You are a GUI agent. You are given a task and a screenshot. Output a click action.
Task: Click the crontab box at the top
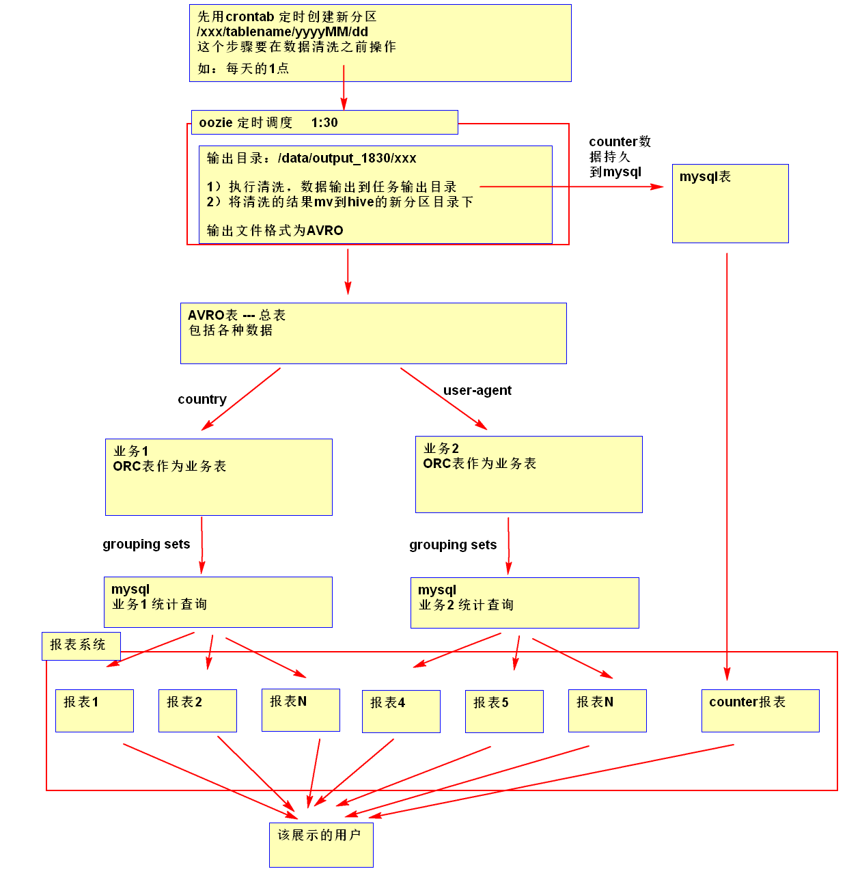click(380, 43)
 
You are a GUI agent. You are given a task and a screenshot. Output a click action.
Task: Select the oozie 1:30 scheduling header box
click(324, 122)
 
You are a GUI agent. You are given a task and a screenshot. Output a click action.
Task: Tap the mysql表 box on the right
click(730, 203)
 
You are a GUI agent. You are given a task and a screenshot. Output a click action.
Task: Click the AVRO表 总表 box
click(373, 333)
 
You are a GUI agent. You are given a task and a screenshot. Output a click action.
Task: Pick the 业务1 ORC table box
click(219, 477)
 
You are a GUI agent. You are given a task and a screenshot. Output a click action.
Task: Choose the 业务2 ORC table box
click(529, 474)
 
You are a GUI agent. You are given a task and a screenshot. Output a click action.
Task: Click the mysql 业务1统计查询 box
click(218, 602)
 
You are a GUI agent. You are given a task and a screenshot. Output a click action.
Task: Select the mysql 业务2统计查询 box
click(525, 603)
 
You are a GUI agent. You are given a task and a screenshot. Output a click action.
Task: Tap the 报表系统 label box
click(81, 646)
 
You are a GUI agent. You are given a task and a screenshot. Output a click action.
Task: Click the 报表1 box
click(94, 711)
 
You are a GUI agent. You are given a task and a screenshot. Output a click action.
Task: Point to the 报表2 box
click(197, 711)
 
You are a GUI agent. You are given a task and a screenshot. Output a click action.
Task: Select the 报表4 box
click(401, 711)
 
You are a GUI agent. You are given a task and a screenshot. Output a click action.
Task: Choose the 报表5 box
click(504, 711)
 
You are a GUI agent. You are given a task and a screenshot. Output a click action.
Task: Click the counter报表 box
click(760, 711)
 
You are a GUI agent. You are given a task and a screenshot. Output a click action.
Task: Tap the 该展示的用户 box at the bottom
click(321, 844)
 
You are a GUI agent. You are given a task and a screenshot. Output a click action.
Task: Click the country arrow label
click(202, 400)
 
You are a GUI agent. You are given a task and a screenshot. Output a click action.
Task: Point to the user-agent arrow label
click(477, 391)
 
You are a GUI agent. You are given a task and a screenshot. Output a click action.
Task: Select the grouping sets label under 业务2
click(453, 545)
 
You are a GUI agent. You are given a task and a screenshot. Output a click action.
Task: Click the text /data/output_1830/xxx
click(347, 159)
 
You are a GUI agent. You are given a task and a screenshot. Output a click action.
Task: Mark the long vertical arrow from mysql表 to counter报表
click(727, 465)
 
